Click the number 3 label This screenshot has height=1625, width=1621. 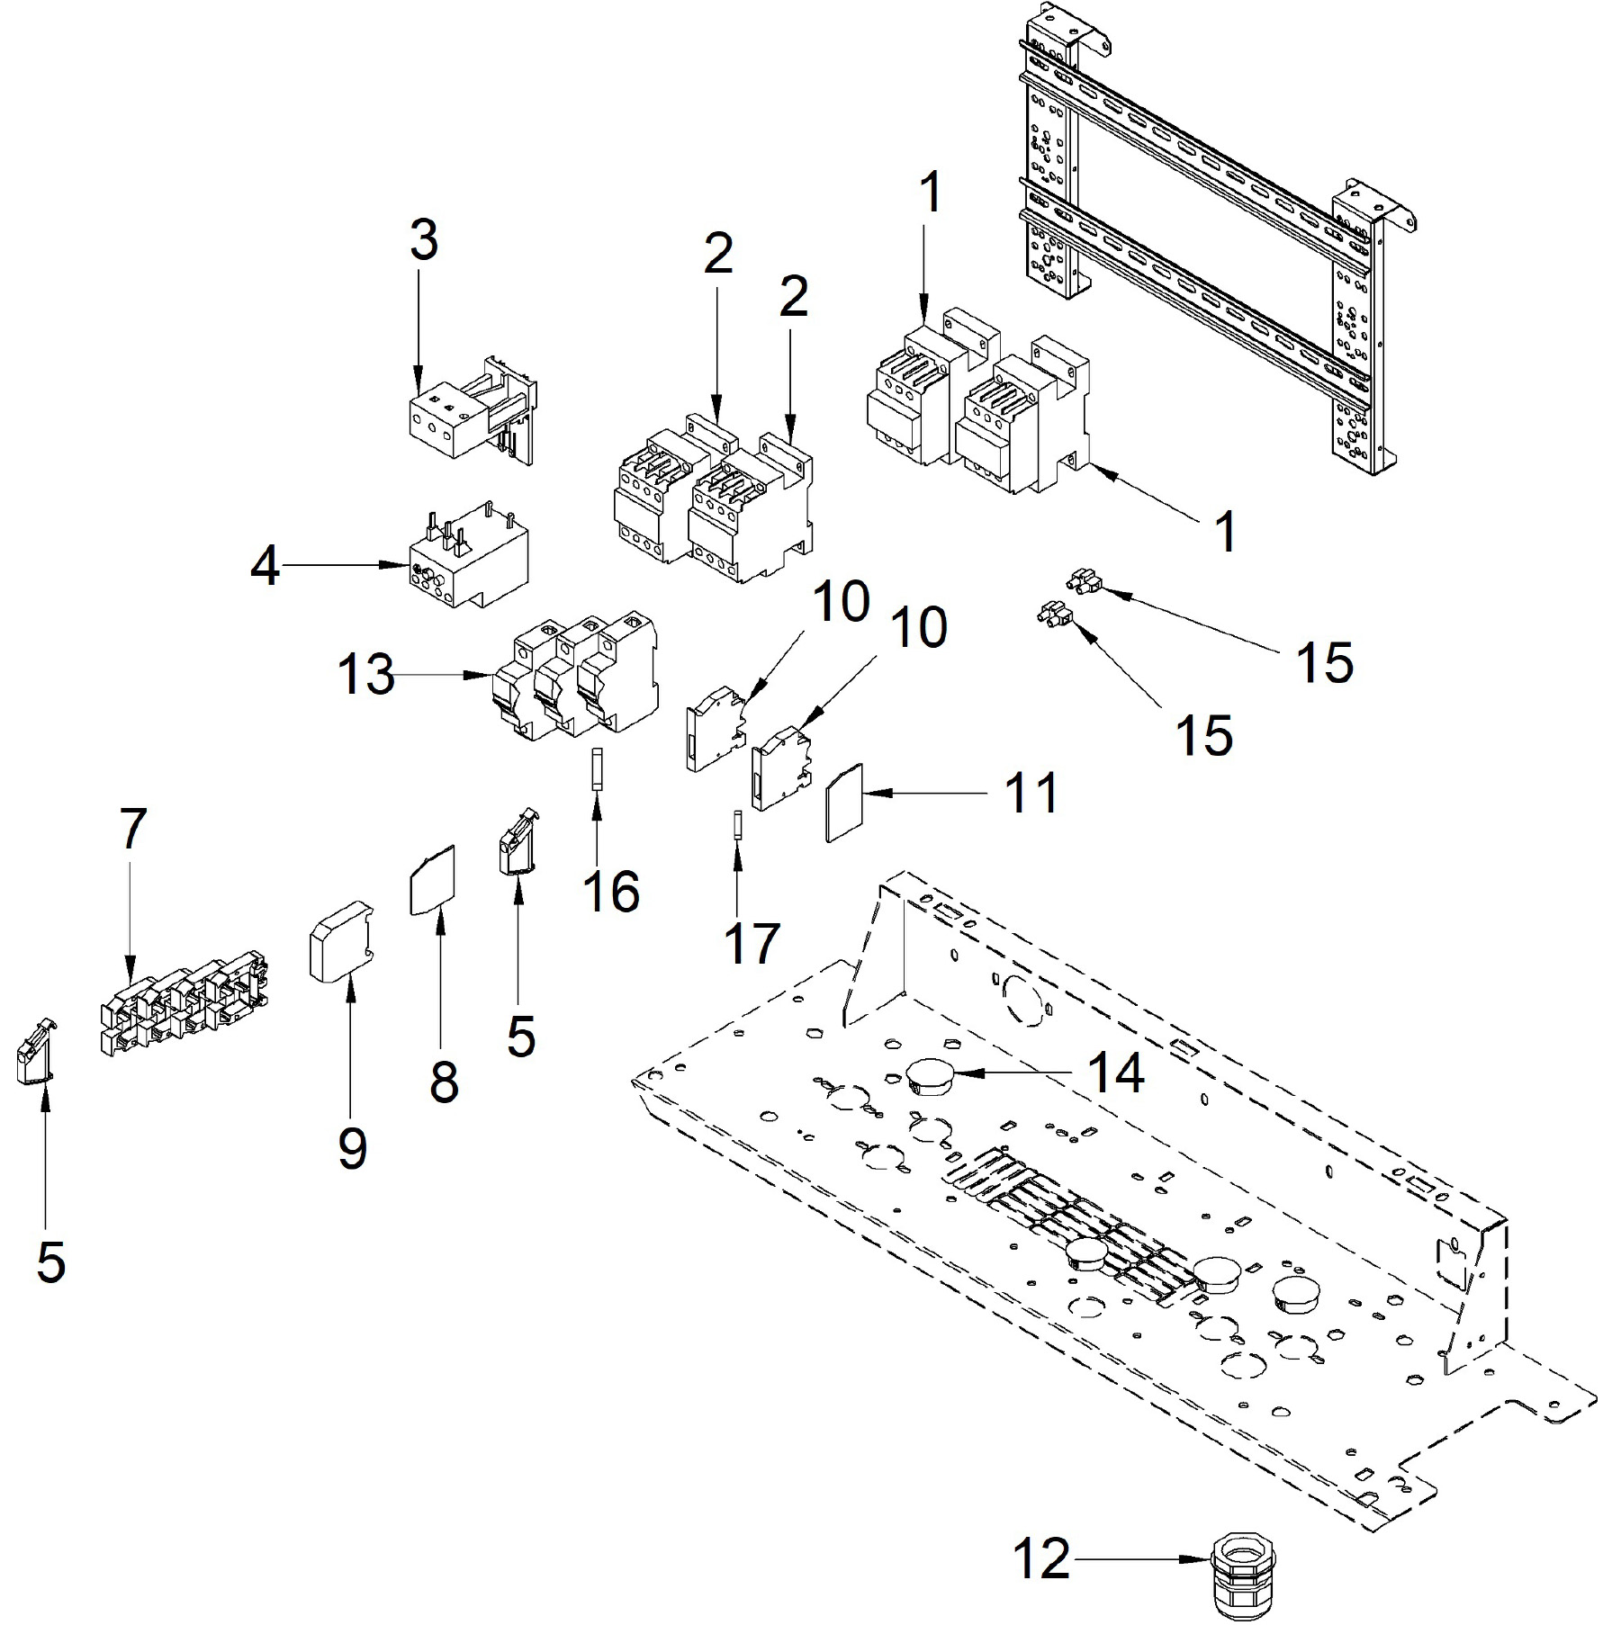pos(424,240)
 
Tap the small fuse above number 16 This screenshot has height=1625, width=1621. pos(596,768)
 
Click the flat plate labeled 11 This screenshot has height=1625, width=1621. pos(845,803)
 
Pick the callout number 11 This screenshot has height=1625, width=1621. pos(1031,793)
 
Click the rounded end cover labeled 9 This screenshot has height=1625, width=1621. pos(341,940)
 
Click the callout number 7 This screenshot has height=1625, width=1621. pos(132,829)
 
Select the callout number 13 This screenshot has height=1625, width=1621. pos(366,674)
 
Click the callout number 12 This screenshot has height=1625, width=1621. pos(1042,1558)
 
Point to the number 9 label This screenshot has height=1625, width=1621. pos(352,1146)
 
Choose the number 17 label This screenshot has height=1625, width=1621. pos(752,942)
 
